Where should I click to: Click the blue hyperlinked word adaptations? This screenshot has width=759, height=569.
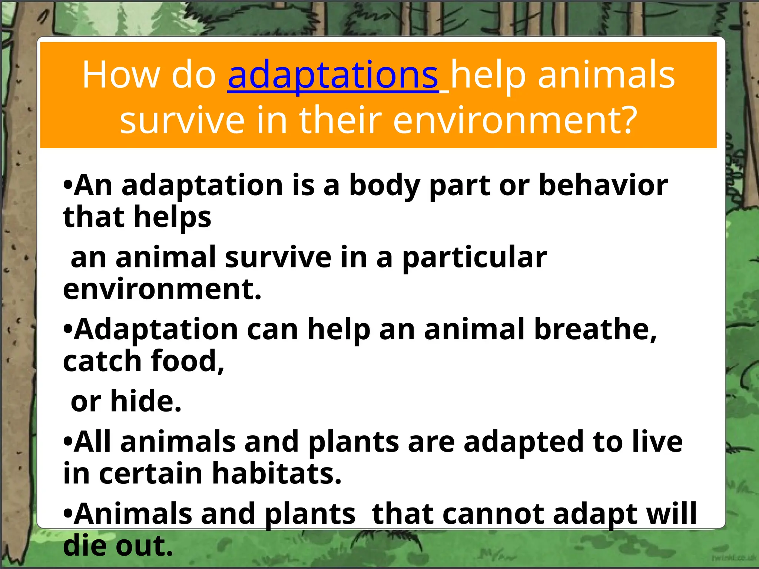[x=333, y=76]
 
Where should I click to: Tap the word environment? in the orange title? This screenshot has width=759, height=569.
[x=515, y=120]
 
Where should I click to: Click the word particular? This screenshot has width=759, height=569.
[x=475, y=257]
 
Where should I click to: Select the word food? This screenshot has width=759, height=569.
[x=188, y=361]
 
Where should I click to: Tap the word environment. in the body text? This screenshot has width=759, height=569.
[x=162, y=289]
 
